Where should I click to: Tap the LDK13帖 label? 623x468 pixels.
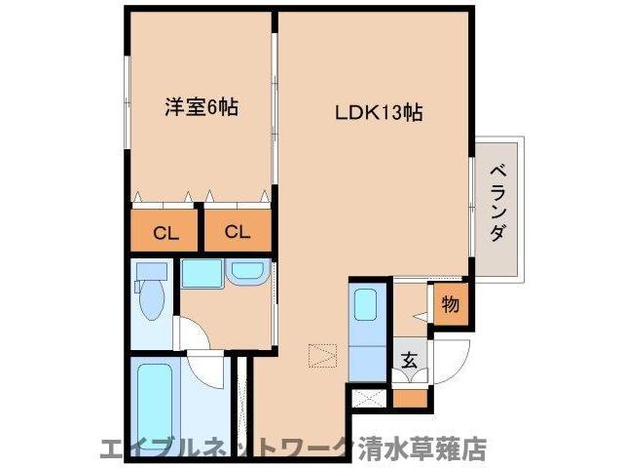(x=380, y=112)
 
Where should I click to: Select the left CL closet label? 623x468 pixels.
(x=165, y=232)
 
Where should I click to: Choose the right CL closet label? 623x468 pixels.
(x=238, y=232)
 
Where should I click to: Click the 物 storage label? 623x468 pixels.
(x=450, y=304)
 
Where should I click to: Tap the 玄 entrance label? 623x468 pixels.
(x=409, y=358)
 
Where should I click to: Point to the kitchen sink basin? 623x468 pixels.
(x=366, y=304)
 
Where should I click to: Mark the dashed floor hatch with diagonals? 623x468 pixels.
(x=321, y=355)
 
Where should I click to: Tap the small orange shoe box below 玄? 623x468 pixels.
(x=410, y=399)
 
